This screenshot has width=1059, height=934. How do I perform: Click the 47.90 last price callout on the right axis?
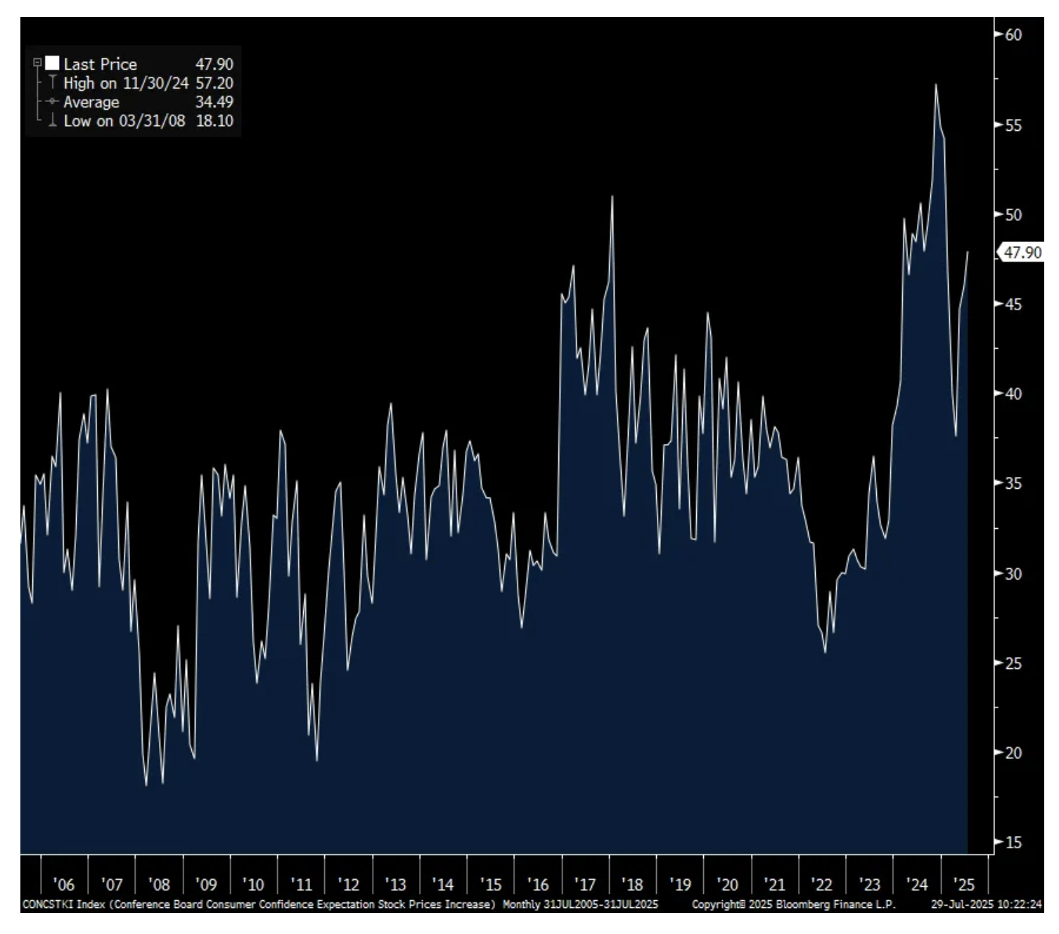point(1022,252)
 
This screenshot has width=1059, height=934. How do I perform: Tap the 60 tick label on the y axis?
point(1013,34)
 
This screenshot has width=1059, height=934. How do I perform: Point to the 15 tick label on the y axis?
point(1013,843)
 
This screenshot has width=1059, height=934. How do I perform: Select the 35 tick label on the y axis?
point(1013,484)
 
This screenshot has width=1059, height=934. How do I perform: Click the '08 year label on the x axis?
point(159,885)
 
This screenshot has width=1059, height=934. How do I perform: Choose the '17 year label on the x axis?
point(584,885)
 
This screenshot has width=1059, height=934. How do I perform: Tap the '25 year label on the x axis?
point(963,885)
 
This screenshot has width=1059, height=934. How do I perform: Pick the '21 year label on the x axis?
point(774,885)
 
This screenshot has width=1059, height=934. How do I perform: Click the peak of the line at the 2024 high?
point(936,85)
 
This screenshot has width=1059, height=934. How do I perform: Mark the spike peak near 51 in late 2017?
point(612,196)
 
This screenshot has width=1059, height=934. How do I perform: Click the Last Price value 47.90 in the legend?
point(214,64)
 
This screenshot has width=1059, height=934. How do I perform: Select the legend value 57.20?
point(214,83)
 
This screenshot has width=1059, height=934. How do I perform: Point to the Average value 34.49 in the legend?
point(214,102)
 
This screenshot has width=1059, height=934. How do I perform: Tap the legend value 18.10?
point(214,121)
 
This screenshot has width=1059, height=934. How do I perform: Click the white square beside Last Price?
point(52,63)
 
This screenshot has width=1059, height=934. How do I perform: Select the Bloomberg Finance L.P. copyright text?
point(793,904)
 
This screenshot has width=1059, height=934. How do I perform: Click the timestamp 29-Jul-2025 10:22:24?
point(986,904)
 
